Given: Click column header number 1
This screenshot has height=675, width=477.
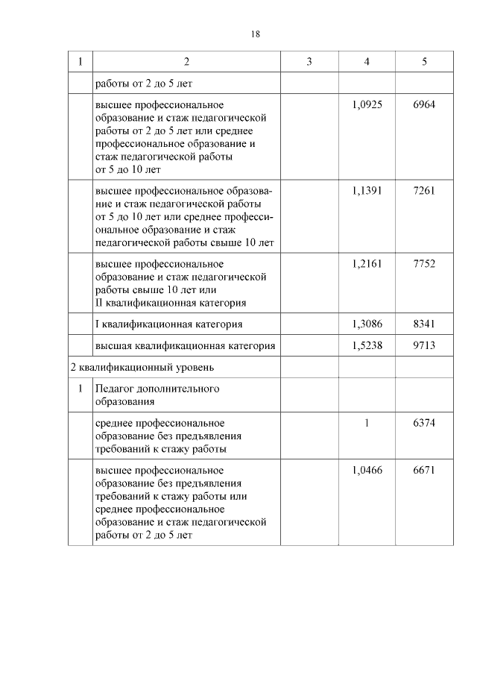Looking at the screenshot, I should [80, 62].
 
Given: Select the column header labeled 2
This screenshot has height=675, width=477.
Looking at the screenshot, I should [186, 62].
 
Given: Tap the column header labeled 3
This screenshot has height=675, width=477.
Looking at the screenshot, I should [309, 62].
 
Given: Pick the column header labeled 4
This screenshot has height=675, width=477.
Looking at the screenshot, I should [367, 62].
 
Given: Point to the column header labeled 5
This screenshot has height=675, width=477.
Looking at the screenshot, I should [424, 62].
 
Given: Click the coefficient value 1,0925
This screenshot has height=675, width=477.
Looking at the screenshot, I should [367, 104].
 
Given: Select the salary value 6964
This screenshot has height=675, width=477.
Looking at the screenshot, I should [424, 104].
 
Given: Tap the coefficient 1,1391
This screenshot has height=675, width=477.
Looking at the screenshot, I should [367, 190].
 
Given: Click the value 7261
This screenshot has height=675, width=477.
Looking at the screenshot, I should [424, 190].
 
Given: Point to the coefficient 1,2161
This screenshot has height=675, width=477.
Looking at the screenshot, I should [367, 263].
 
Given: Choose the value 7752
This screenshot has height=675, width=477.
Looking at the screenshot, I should [424, 263].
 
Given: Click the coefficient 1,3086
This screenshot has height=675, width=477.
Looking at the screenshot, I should [367, 324].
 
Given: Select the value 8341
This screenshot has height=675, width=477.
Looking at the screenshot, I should [424, 324].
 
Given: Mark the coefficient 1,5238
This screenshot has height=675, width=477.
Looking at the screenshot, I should [367, 345].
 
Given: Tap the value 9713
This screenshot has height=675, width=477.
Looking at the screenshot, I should [424, 345].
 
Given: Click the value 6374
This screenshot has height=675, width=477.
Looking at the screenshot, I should [424, 422].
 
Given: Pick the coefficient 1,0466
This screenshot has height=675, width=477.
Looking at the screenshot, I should [367, 470].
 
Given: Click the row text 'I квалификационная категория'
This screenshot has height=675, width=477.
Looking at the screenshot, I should [168, 324].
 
